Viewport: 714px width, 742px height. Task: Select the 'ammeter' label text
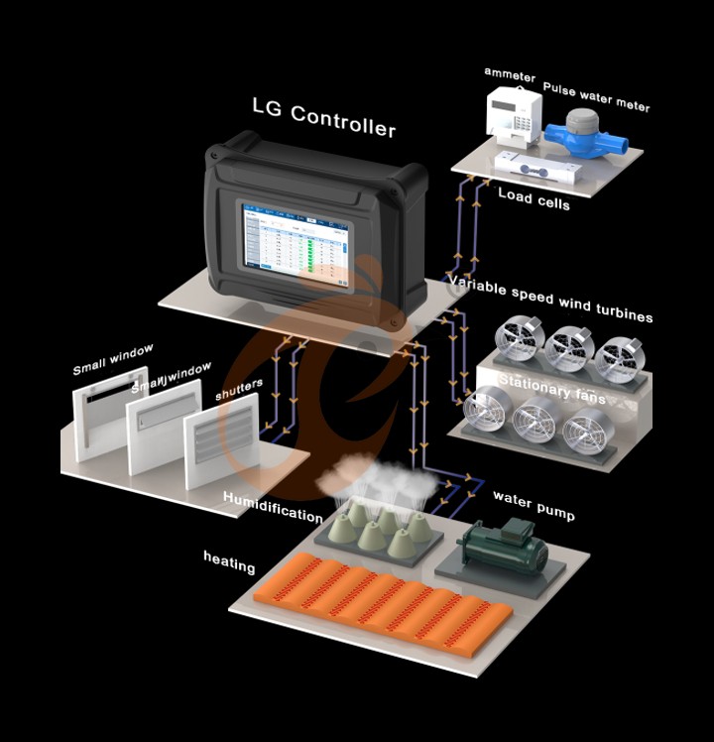click(509, 75)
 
